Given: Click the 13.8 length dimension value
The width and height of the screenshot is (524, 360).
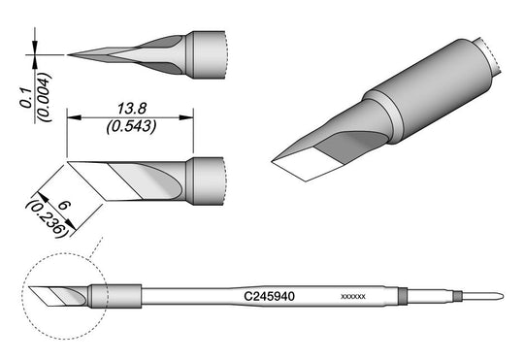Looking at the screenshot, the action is click(x=132, y=109).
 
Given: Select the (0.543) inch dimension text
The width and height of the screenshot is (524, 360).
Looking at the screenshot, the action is click(x=131, y=127).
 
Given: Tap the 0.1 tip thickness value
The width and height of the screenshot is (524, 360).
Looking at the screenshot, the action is click(x=26, y=98).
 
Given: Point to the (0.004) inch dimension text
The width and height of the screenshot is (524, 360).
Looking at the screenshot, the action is click(x=44, y=97).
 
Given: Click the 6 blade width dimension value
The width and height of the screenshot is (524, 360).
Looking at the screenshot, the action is click(x=63, y=205).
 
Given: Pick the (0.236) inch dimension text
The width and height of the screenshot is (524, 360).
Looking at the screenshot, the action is click(x=46, y=219).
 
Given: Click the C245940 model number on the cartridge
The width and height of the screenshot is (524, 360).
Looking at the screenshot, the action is click(x=270, y=296).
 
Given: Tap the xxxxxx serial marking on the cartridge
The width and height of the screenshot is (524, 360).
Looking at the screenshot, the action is click(x=353, y=297).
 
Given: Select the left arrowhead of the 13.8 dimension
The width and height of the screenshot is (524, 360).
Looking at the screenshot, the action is click(x=74, y=117).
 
